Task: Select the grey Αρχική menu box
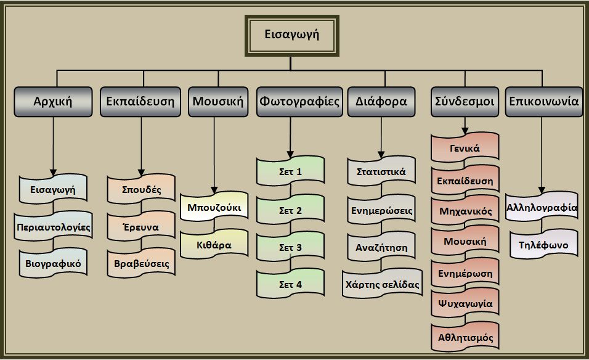point(53,101)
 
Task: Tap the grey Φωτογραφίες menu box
point(299,101)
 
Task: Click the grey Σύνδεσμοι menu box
point(465,101)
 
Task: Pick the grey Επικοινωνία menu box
point(543,101)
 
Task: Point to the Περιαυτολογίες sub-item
point(53,227)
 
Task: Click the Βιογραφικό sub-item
point(53,264)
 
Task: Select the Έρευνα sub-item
point(141,227)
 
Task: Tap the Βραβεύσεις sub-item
point(141,264)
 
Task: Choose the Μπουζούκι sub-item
point(214,207)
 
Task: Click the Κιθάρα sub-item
point(214,245)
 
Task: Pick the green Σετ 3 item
point(290,248)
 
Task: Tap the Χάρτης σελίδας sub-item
point(382,285)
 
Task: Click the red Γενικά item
point(465,149)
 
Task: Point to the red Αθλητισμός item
point(465,338)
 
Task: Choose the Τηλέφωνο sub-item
point(543,245)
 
